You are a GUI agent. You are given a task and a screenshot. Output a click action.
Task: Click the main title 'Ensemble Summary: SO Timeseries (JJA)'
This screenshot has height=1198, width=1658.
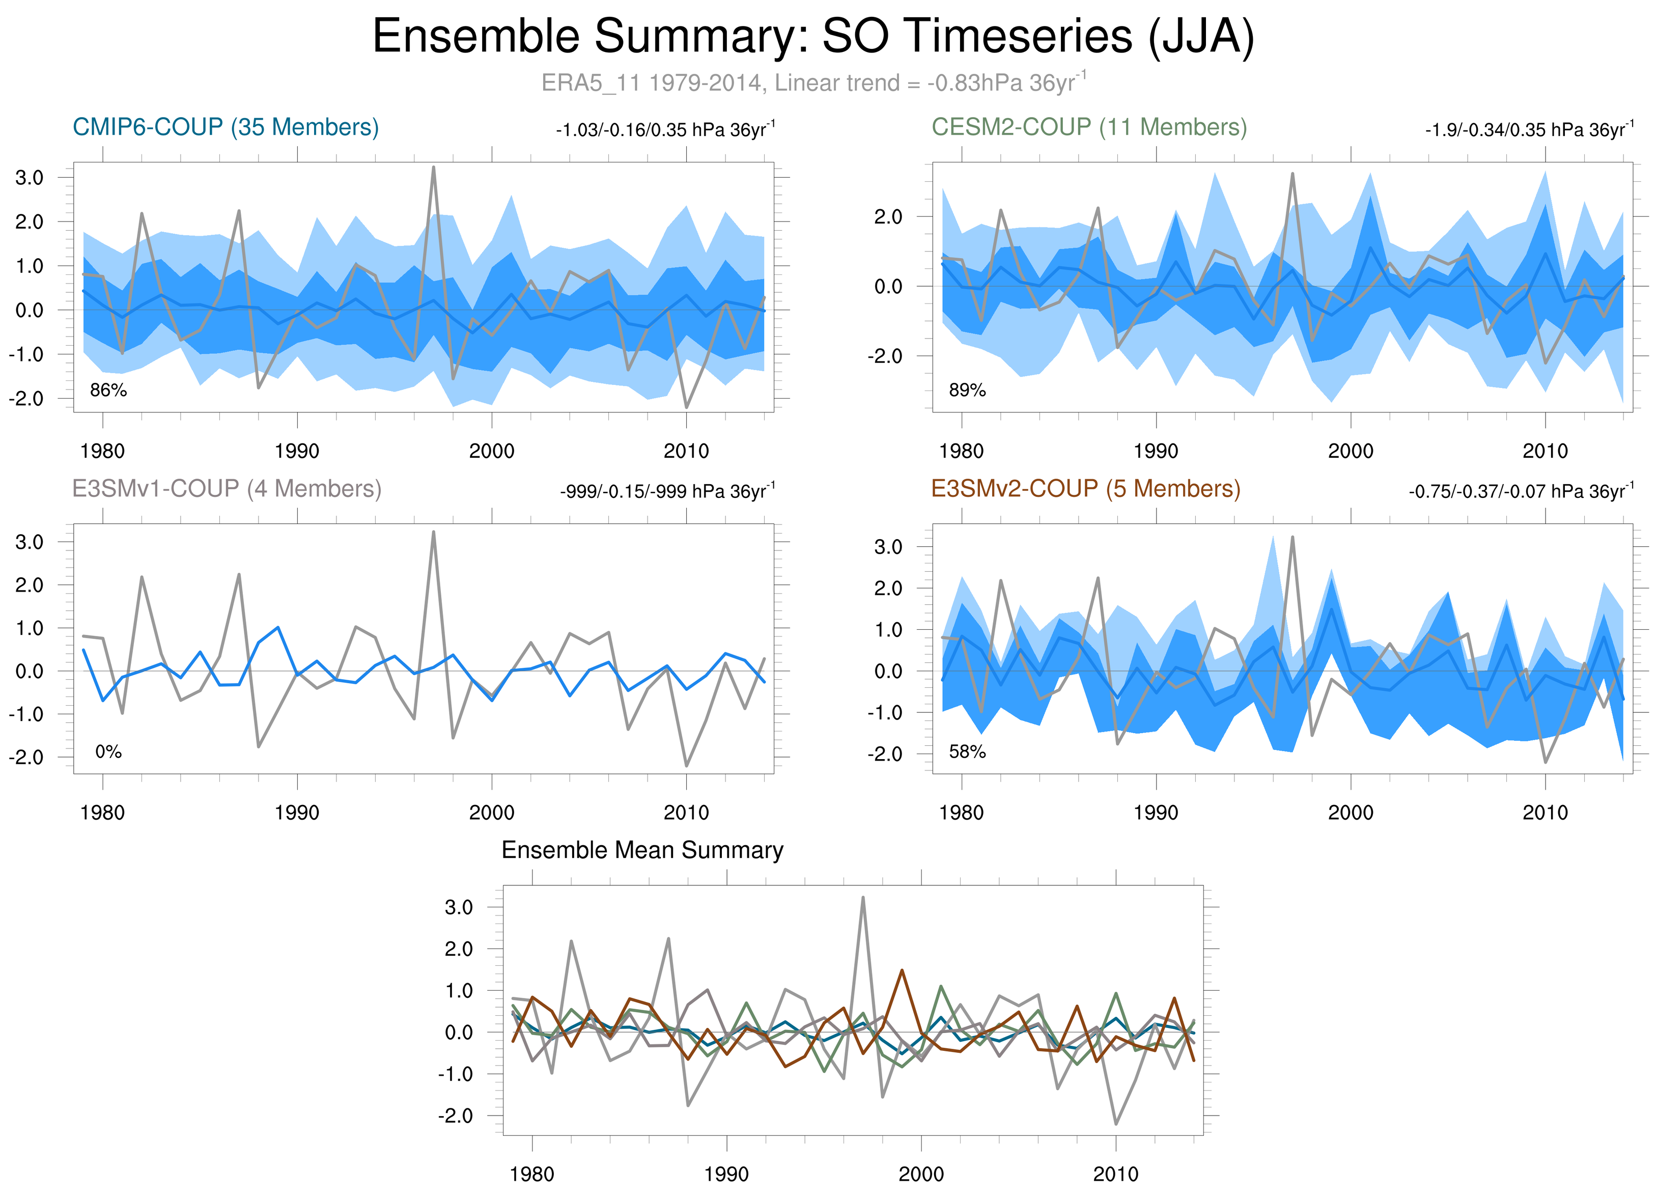(813, 37)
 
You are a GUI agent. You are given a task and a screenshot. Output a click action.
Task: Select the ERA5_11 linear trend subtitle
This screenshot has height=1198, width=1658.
(813, 82)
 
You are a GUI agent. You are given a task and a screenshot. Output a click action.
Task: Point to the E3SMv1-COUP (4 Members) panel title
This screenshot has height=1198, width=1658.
(227, 488)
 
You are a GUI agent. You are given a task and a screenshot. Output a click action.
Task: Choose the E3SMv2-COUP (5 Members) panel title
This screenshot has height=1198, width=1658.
(1086, 488)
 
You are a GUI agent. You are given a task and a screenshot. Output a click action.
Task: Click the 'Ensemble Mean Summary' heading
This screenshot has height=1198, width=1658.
(642, 850)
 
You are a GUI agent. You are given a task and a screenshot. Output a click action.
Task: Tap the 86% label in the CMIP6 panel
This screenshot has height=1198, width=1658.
(108, 391)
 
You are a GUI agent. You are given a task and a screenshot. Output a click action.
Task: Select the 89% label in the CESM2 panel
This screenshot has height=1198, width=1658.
(967, 391)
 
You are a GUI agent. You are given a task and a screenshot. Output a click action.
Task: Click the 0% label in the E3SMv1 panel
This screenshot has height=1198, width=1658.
(108, 751)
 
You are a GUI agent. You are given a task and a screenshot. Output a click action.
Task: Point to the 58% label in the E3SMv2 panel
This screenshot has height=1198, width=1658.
(967, 751)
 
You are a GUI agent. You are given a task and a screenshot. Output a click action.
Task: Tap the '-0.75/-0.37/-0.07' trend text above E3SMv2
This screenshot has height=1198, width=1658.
(1521, 491)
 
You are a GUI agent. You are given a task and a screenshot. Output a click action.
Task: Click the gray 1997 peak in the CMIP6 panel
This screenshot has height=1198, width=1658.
(434, 168)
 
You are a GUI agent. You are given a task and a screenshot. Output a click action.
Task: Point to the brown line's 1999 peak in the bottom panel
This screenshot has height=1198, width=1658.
(902, 971)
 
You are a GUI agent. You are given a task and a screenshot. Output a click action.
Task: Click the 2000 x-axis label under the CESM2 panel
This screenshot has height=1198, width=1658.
(1350, 451)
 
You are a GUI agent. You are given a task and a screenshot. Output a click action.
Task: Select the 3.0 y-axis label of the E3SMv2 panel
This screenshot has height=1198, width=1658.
(888, 547)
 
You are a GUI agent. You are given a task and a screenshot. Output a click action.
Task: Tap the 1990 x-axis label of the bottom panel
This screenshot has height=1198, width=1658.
(726, 1175)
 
